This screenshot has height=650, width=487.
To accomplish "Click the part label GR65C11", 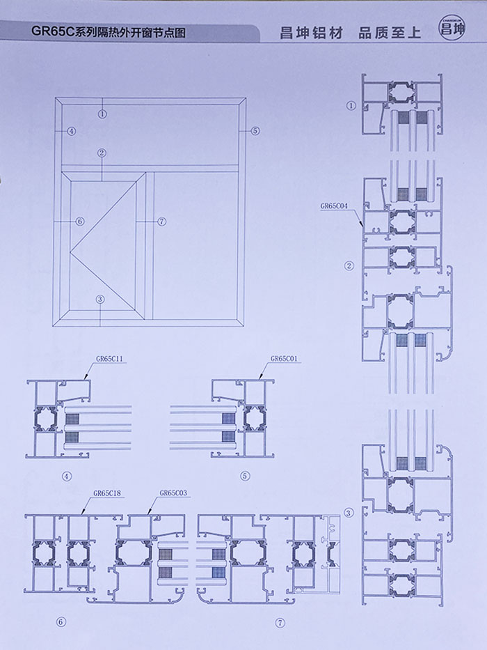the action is (110, 359).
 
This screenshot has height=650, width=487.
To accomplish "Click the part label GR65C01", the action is (284, 359).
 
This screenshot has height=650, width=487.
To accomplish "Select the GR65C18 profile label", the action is (107, 493).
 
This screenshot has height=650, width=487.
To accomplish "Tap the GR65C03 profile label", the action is (173, 493).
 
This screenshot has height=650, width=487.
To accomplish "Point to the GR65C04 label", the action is (334, 206).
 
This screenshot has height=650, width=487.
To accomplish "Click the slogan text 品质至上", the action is (390, 33).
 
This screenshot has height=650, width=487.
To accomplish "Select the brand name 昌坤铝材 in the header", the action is (312, 33).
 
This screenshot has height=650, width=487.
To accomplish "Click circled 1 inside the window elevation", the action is (102, 114).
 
